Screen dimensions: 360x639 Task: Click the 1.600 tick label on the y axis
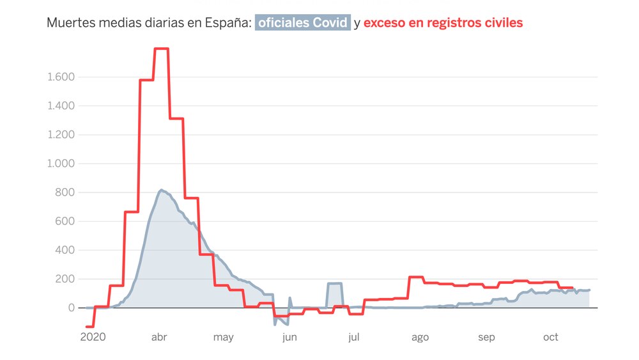tap(61, 77)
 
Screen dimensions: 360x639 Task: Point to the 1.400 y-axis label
tap(61, 106)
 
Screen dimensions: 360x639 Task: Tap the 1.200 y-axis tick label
tap(61, 135)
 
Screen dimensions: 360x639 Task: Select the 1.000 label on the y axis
tap(61, 164)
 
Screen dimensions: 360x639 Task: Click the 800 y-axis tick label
tap(66, 192)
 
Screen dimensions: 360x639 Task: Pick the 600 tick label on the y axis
tap(66, 221)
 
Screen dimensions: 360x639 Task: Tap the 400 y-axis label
tap(66, 250)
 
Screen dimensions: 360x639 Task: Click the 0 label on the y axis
tap(72, 308)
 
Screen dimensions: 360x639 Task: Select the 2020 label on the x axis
tap(93, 337)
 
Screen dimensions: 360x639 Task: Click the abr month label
tap(158, 337)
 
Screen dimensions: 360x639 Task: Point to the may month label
tap(223, 337)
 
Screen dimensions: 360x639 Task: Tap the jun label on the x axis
tap(289, 337)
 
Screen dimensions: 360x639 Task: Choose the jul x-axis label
tap(354, 337)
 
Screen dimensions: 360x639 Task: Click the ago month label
tap(420, 337)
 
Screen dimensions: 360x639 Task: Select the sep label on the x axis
tap(486, 337)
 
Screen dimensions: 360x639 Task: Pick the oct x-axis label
tap(551, 337)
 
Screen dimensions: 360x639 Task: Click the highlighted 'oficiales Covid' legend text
tap(302, 23)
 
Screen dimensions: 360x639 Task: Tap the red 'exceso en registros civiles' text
tap(443, 23)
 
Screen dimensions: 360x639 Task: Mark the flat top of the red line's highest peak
tap(161, 49)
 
